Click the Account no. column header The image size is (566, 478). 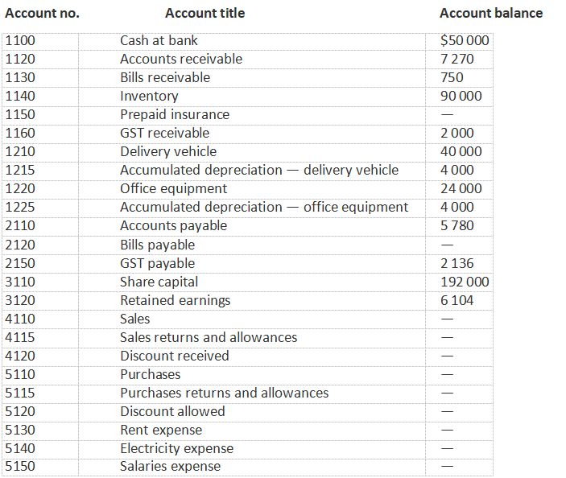point(42,13)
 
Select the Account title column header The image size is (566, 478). point(205,13)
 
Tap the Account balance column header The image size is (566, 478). point(490,13)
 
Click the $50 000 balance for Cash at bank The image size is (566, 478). point(465,40)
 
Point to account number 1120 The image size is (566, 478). point(20,59)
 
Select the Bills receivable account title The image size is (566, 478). point(165,77)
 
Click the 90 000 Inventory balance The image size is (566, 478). point(461,96)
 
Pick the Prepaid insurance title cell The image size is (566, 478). point(175,114)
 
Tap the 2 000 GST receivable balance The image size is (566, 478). point(457,133)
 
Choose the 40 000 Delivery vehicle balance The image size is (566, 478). point(461,151)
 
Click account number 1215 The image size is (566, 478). point(20,170)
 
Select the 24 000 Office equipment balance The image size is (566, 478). point(461,188)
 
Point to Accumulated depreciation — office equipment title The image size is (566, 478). point(264,207)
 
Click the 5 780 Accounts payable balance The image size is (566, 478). point(457,225)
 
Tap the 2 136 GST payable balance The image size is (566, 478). point(457,263)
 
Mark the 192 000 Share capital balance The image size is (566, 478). point(465,282)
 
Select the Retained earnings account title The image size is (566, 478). point(175,300)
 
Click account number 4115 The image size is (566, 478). point(20,337)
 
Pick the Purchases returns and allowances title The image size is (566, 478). point(224,393)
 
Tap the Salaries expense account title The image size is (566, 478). point(170,467)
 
